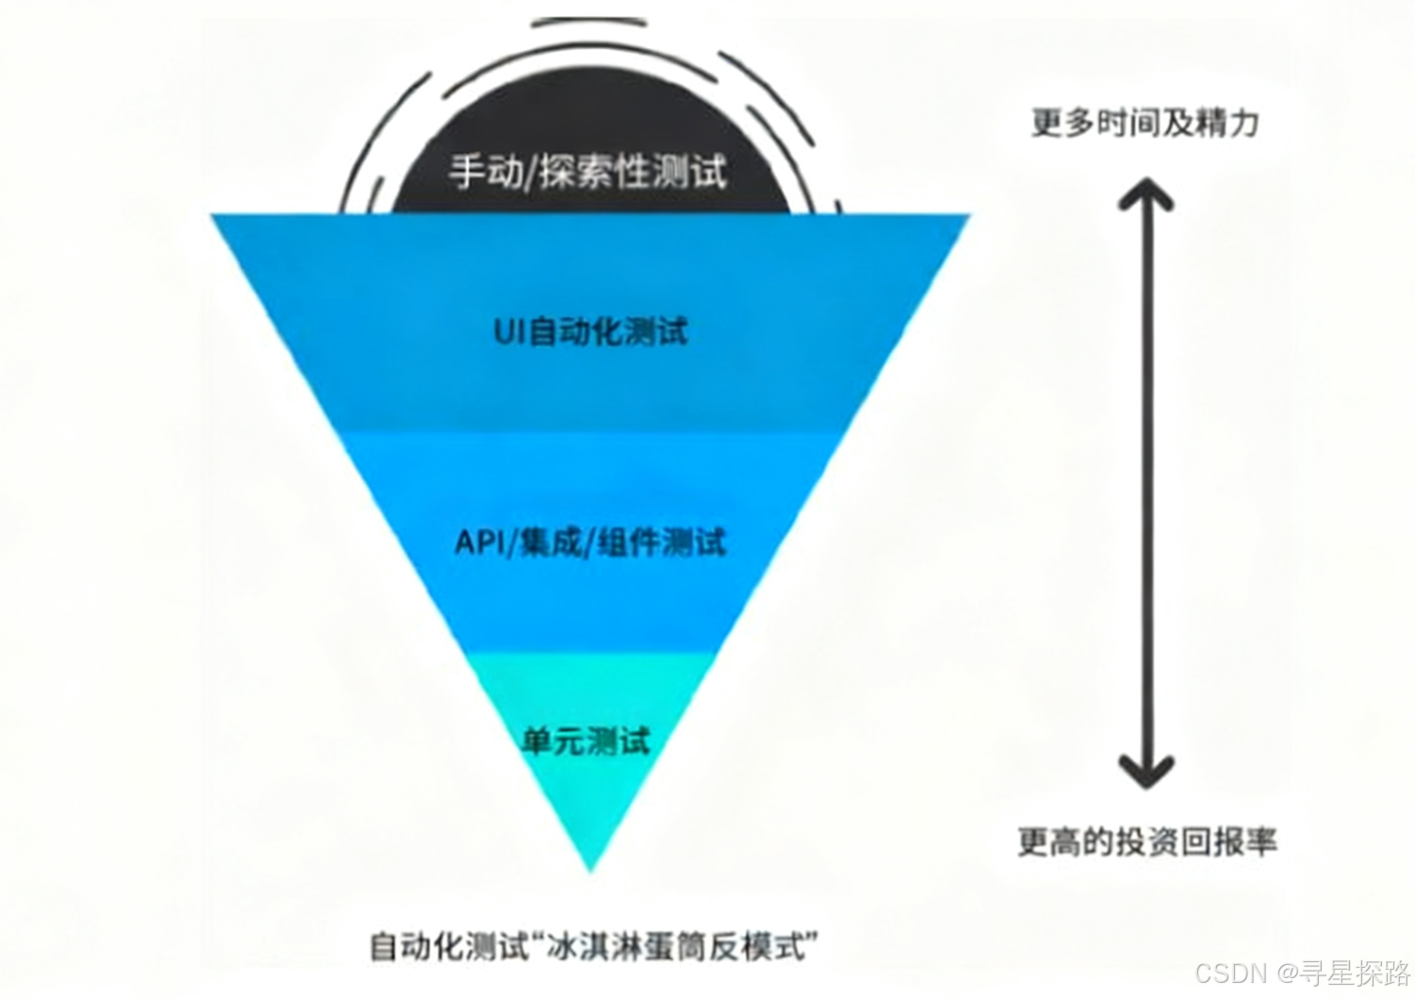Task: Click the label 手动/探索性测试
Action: click(x=587, y=173)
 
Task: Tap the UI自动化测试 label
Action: click(x=591, y=331)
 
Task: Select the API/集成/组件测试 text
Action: click(x=591, y=542)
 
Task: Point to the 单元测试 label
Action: click(x=586, y=740)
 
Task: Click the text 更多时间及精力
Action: click(x=1144, y=123)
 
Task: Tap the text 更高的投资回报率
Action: click(x=1147, y=840)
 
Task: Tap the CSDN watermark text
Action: click(x=1230, y=973)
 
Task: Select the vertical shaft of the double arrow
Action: click(x=1145, y=481)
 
